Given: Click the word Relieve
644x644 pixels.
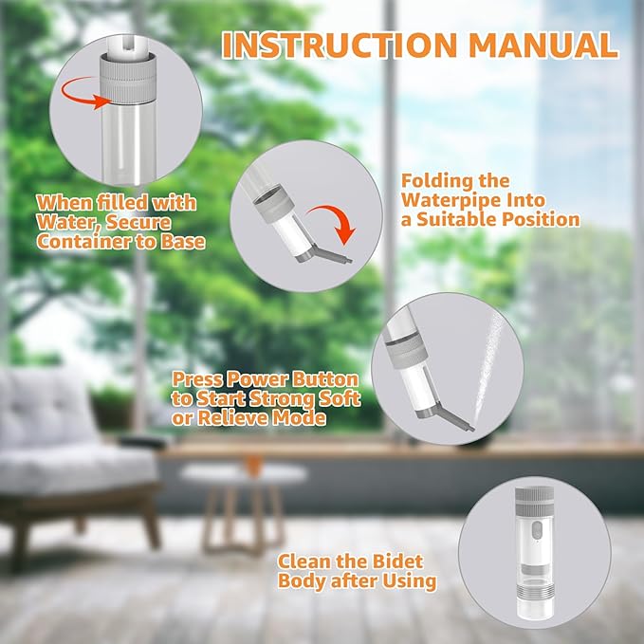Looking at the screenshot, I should click(x=236, y=418).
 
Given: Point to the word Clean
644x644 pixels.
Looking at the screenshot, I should click(x=308, y=561).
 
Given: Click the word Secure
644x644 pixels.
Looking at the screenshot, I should click(x=139, y=221).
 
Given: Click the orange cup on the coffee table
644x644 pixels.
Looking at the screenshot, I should click(x=252, y=464).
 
